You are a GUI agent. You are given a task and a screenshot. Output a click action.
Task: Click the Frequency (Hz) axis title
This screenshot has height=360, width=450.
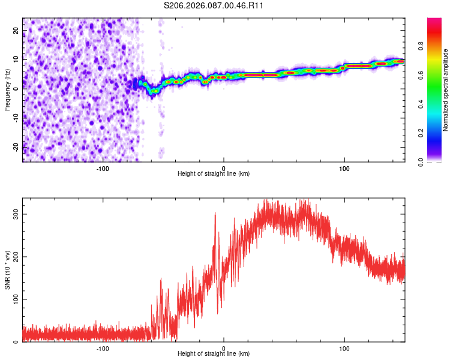coord(7,90)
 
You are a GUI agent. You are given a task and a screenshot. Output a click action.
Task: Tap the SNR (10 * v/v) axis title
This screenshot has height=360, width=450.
coord(7,270)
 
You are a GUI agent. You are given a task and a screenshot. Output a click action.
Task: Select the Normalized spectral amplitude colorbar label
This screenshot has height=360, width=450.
coord(446,90)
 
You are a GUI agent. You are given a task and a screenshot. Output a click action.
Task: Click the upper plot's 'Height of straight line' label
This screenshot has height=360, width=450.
coord(214,173)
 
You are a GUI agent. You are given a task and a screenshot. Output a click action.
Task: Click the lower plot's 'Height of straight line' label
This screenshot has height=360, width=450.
coord(214,353)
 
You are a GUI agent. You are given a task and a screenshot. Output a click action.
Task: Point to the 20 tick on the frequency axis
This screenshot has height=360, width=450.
coord(17,32)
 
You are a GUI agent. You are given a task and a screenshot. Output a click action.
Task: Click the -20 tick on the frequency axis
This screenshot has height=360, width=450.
coord(17,147)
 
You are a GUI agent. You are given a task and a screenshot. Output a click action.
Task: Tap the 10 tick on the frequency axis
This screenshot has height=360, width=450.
coord(17,61)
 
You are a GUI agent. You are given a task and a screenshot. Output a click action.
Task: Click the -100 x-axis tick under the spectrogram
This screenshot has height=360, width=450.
coord(103,168)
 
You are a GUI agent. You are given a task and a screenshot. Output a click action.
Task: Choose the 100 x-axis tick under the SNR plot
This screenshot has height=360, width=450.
coord(344,348)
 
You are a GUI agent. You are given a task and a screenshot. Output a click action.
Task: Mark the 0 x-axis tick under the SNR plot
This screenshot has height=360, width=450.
coord(224,348)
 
